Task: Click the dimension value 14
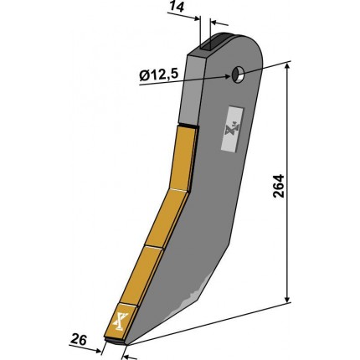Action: tap(177, 7)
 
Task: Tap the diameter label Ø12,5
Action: tap(158, 75)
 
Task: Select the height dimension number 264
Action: tap(278, 186)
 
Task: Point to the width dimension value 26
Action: tap(79, 340)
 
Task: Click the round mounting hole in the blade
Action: tap(238, 75)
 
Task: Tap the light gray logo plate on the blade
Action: tap(232, 129)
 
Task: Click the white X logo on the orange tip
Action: tap(121, 321)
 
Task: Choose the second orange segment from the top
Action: tap(167, 218)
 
